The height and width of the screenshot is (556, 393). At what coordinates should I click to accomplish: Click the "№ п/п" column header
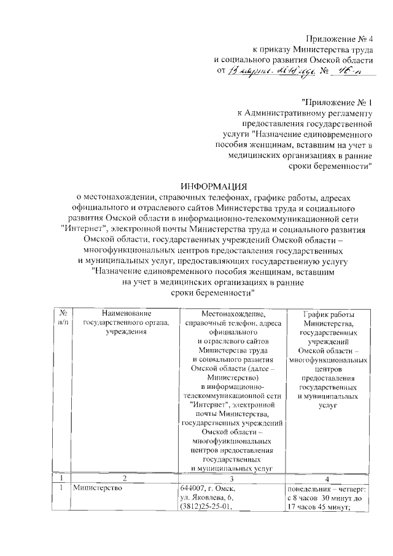coord(63,318)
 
